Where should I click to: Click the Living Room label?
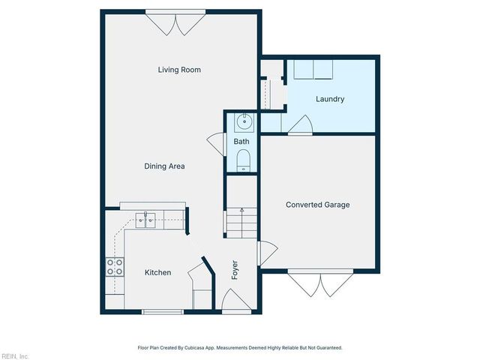(179, 70)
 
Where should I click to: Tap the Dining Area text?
(164, 166)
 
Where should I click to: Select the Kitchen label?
(157, 272)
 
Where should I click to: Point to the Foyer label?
(235, 270)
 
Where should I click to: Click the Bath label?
(241, 142)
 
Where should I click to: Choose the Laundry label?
(330, 99)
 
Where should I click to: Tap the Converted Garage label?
(318, 205)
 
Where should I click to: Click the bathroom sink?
(244, 122)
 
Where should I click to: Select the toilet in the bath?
(243, 160)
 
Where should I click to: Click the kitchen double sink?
(145, 220)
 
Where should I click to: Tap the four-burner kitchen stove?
(115, 267)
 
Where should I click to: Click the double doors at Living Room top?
(175, 23)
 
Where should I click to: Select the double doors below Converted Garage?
(320, 283)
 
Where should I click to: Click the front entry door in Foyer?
(236, 301)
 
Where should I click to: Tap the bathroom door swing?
(217, 145)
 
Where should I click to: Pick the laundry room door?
(300, 125)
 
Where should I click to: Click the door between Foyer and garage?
(267, 253)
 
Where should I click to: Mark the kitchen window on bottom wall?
(163, 312)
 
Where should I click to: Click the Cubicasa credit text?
(240, 348)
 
